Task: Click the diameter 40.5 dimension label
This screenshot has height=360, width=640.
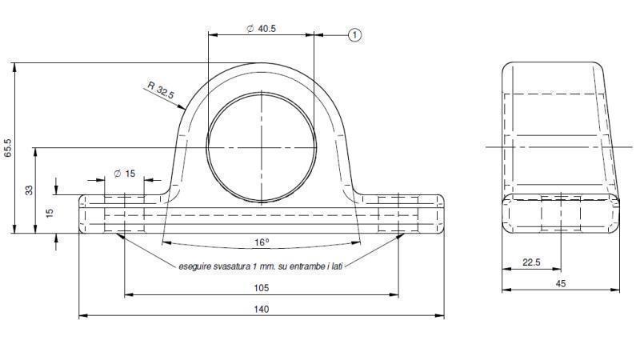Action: click(262, 28)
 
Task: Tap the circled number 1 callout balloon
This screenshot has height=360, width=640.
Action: click(355, 34)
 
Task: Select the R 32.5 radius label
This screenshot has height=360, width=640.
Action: click(160, 90)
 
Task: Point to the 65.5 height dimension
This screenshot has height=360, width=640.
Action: click(8, 148)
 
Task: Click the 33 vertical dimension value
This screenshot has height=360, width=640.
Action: click(30, 190)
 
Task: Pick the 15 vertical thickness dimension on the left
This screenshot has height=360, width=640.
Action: click(48, 214)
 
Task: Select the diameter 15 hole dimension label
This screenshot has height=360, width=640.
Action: click(124, 174)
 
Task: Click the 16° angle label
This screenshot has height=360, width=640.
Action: click(262, 241)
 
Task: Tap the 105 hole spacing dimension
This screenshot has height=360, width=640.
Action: click(262, 288)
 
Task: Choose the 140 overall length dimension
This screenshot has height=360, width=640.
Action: click(262, 309)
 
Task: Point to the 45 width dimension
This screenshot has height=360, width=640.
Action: click(560, 282)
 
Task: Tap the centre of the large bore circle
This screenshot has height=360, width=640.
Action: click(262, 147)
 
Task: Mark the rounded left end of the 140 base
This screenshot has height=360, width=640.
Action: click(82, 214)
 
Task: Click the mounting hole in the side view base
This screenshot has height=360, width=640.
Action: click(561, 214)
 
